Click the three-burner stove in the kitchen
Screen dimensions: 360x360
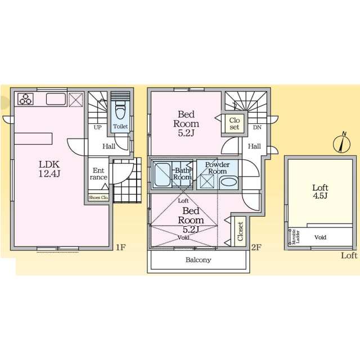(x=25, y=99)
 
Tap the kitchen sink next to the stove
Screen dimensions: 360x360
(x=56, y=99)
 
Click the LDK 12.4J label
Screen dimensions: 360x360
(x=49, y=169)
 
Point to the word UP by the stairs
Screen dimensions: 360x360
(x=97, y=127)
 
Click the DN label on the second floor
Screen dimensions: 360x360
(x=257, y=127)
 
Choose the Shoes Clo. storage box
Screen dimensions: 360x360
(x=98, y=197)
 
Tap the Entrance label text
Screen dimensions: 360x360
(x=98, y=174)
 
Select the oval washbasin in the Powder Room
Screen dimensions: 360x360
(x=229, y=182)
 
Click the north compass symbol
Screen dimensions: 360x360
(x=341, y=143)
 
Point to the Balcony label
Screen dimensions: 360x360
(x=199, y=260)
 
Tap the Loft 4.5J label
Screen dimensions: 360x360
(x=320, y=191)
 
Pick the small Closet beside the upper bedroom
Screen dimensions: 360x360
(x=234, y=124)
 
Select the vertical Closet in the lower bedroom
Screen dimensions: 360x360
(x=240, y=231)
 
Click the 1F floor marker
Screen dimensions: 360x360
(x=120, y=247)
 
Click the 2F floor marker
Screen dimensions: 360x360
(x=256, y=247)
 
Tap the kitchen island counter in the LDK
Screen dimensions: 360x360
(x=33, y=139)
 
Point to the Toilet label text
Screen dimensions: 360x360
(x=120, y=126)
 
